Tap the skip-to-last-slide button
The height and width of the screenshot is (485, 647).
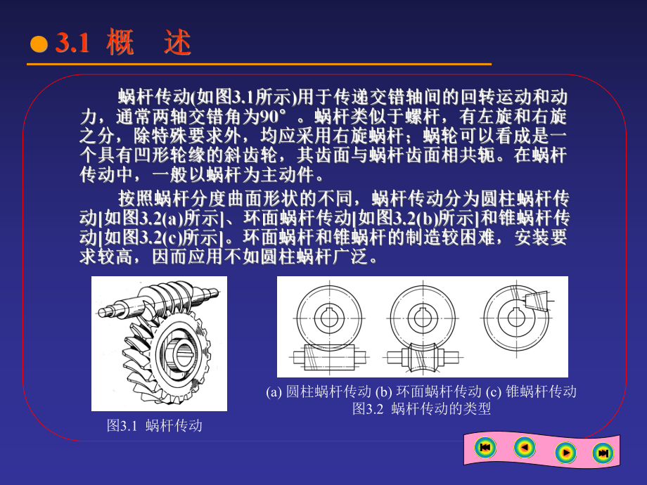point(603,453)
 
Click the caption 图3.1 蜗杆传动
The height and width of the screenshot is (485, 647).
point(155,425)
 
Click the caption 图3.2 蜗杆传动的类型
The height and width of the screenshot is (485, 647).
point(421,408)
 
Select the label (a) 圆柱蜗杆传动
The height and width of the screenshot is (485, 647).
point(319,392)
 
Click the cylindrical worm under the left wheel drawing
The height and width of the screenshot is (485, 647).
point(328,357)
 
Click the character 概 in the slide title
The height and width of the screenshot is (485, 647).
point(120,44)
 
